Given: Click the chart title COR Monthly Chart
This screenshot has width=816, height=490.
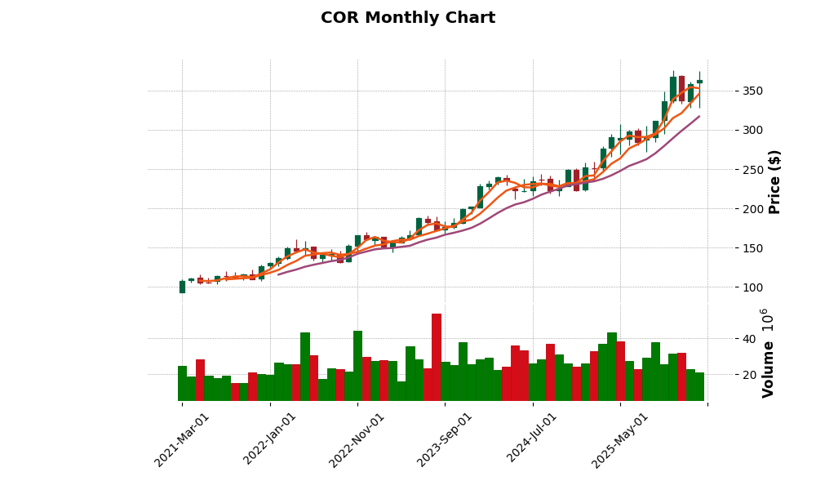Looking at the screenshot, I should point(407,18).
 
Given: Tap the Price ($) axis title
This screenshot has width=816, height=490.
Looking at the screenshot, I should point(774,181).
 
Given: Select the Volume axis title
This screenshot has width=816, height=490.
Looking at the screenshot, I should point(768,353).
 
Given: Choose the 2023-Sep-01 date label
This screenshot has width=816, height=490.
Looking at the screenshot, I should point(446,439).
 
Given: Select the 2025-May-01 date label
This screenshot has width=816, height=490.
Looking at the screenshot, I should point(621,439).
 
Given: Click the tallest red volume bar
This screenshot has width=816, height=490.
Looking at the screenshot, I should point(437,357).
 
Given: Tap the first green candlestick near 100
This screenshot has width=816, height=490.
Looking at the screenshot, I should point(182,287).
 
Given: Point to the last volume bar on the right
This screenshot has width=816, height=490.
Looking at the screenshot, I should point(699,386).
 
